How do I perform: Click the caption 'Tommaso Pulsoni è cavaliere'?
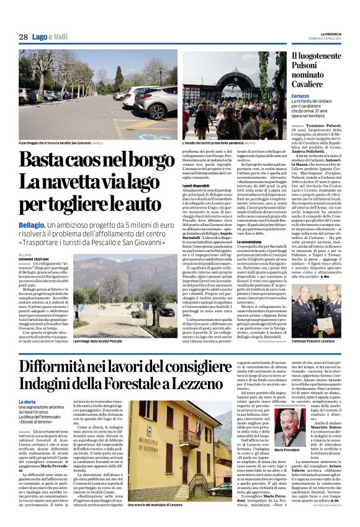click(313, 342)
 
